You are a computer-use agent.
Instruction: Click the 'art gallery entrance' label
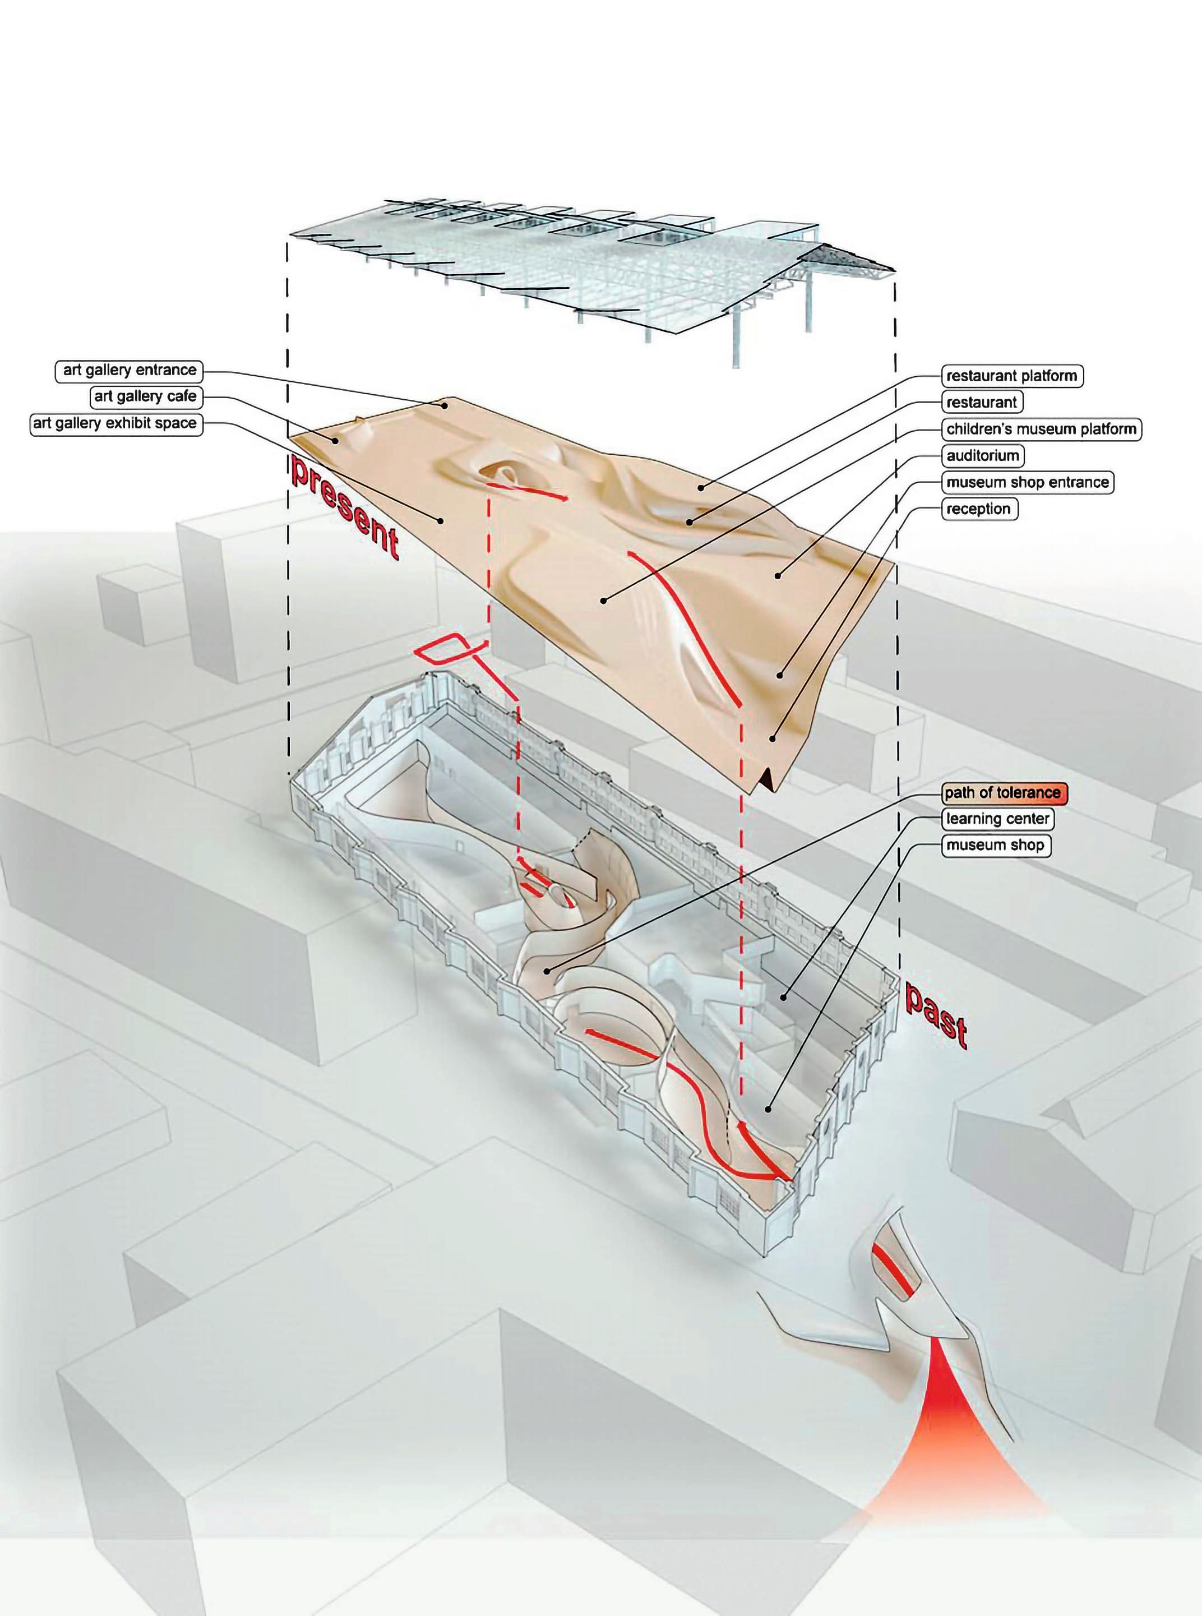click(x=130, y=370)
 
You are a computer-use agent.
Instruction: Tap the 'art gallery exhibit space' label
click(x=115, y=423)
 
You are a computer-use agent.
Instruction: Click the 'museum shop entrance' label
click(x=1028, y=482)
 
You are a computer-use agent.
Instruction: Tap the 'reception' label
click(x=978, y=509)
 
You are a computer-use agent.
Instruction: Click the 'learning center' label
click(x=997, y=819)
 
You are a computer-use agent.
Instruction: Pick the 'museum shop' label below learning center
click(x=995, y=846)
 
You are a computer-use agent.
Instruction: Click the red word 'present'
click(x=345, y=507)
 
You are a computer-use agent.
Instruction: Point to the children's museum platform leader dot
click(x=603, y=601)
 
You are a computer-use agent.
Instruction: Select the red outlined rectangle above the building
click(x=445, y=647)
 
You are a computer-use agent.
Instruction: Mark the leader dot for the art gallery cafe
click(x=336, y=440)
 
